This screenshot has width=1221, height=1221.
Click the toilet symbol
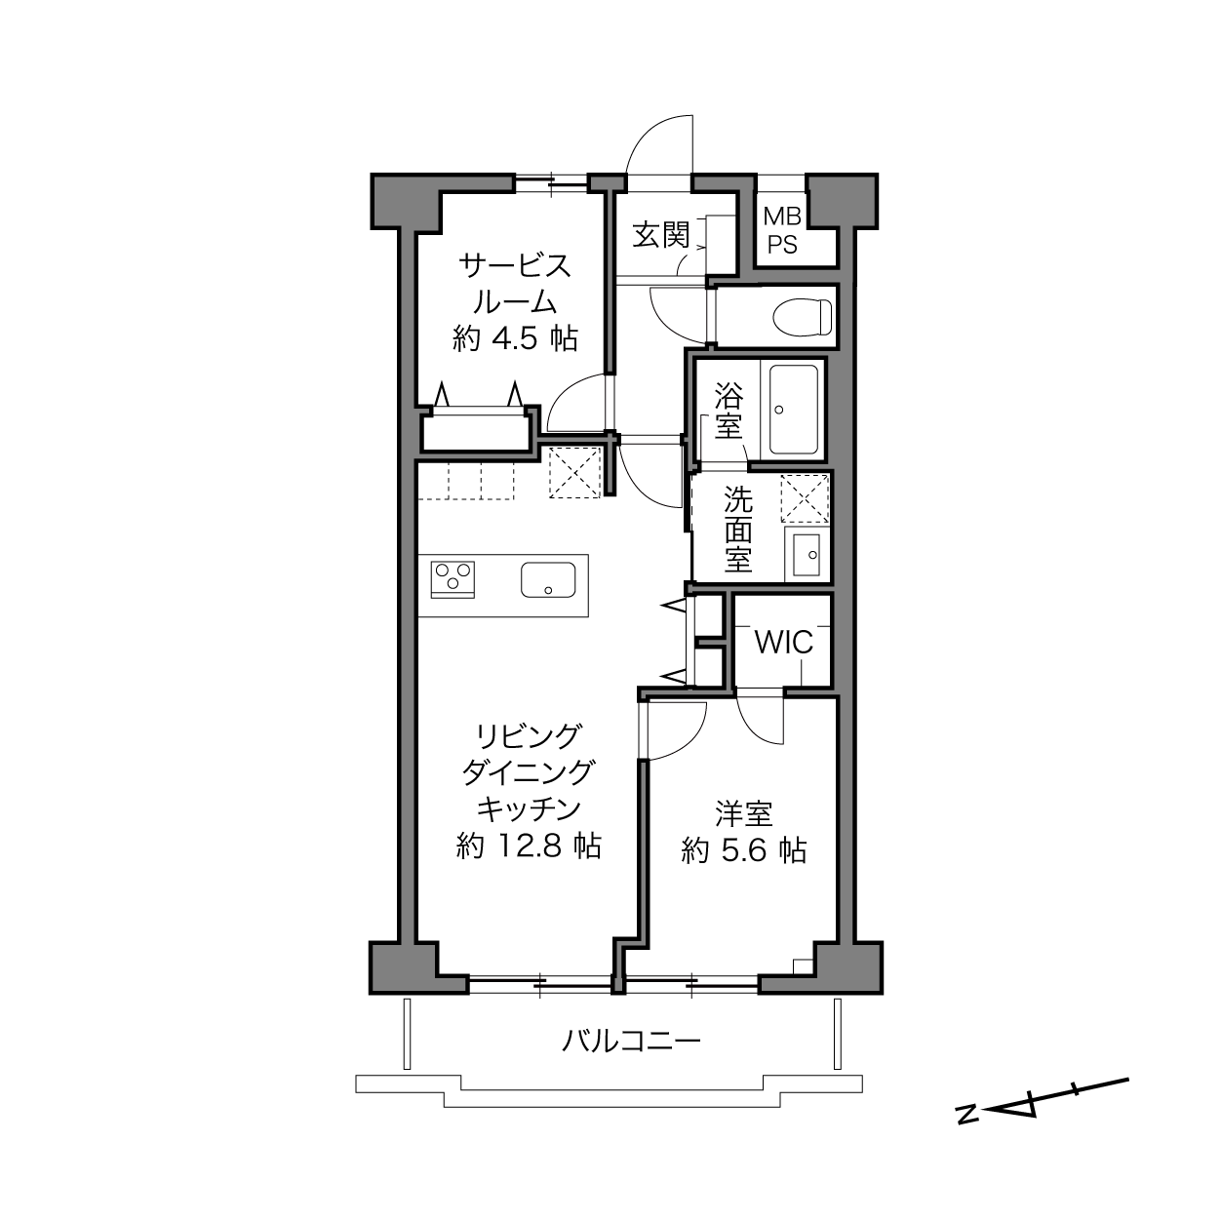point(803,317)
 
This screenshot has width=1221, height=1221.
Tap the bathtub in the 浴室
point(793,410)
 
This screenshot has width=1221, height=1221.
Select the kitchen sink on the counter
point(548,579)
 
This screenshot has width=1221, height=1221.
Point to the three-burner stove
point(453,579)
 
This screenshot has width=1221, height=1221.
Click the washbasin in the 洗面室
point(807,555)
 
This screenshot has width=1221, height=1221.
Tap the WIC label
point(783,643)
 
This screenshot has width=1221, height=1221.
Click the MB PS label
point(782,230)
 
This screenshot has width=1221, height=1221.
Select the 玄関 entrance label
point(661,235)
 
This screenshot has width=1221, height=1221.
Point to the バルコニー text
point(632,1041)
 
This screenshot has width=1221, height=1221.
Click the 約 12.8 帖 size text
point(529,846)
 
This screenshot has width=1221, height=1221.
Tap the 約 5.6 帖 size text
point(744,850)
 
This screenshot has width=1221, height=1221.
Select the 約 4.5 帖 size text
point(515,338)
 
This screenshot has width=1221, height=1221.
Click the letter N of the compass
point(966,1131)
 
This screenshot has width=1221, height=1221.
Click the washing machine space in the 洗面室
point(805,498)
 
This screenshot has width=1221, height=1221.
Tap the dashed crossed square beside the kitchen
point(574,472)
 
